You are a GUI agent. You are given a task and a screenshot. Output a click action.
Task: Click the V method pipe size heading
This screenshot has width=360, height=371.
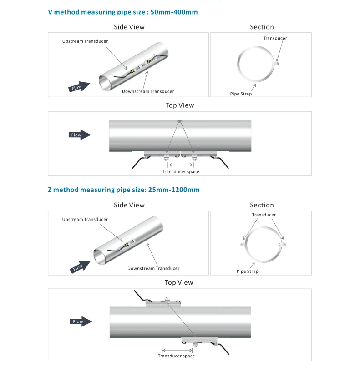pyautogui.click(x=123, y=12)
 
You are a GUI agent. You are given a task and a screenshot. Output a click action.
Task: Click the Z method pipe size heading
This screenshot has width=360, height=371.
pyautogui.click(x=124, y=190)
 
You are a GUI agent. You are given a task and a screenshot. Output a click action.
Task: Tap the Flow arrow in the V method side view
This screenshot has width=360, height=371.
pyautogui.click(x=79, y=87)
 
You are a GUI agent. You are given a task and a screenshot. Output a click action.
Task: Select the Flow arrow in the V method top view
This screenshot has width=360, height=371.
pyautogui.click(x=80, y=135)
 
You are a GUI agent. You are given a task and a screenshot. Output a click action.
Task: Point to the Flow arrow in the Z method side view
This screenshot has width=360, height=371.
pyautogui.click(x=80, y=267)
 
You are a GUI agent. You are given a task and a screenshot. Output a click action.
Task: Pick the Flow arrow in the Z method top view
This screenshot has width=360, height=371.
pyautogui.click(x=81, y=321)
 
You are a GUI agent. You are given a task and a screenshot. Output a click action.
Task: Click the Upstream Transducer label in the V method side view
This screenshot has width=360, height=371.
pyautogui.click(x=85, y=41)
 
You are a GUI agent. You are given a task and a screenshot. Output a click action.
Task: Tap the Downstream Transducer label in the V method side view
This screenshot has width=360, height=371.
pyautogui.click(x=148, y=91)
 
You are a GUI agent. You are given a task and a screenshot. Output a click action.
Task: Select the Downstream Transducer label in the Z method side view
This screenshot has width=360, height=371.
pyautogui.click(x=153, y=268)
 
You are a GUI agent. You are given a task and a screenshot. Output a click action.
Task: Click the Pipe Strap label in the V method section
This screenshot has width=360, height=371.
pyautogui.click(x=241, y=94)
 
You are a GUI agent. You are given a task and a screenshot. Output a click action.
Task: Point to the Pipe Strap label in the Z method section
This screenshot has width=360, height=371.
pyautogui.click(x=248, y=271)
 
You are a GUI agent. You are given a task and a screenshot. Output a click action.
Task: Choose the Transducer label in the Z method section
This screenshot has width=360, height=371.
pyautogui.click(x=264, y=215)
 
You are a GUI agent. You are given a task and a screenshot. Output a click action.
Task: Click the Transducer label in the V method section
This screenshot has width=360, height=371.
pyautogui.click(x=275, y=38)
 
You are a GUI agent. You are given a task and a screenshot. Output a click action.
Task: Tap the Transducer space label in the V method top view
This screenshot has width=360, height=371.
pyautogui.click(x=181, y=172)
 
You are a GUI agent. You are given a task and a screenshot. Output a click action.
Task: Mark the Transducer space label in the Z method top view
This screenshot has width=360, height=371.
pyautogui.click(x=177, y=356)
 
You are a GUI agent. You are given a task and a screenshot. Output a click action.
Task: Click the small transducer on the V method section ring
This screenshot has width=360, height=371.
pyautogui.click(x=277, y=63)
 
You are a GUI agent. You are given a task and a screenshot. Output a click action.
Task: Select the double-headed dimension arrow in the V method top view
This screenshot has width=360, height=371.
pyautogui.click(x=181, y=165)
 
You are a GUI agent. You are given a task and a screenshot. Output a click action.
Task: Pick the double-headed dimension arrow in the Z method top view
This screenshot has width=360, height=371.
pyautogui.click(x=177, y=351)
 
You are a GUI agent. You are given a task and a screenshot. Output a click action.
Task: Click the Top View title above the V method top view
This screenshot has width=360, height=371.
pyautogui.click(x=180, y=105)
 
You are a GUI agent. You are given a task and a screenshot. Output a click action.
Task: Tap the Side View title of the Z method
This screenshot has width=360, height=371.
pyautogui.click(x=129, y=205)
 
